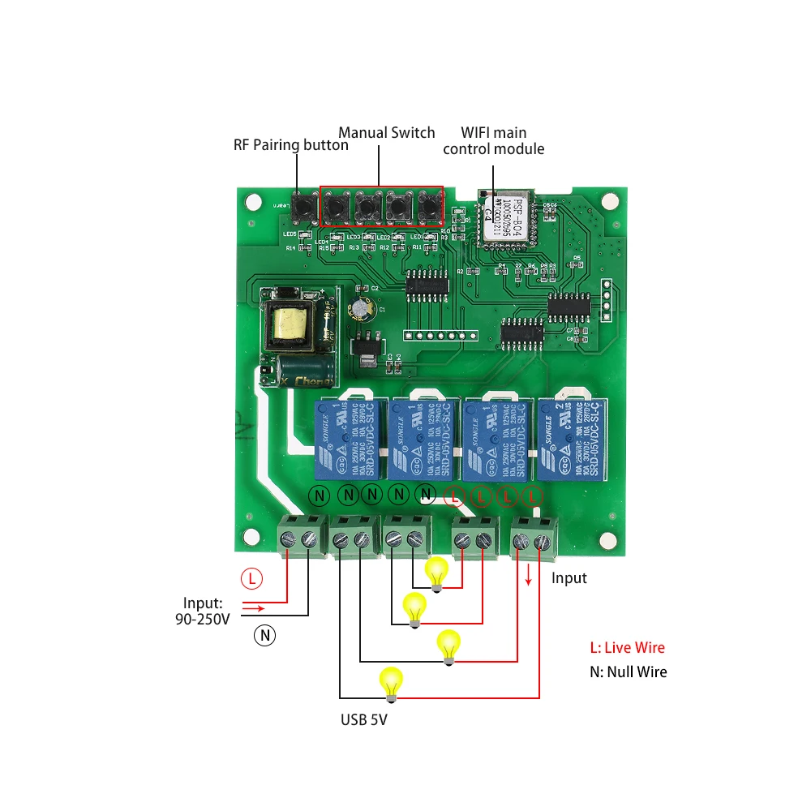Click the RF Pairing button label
(290, 145)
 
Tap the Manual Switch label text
(386, 132)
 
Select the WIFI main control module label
(493, 140)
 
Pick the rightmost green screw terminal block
(534, 539)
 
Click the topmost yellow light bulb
(437, 572)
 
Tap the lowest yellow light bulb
(392, 683)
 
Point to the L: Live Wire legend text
(627, 647)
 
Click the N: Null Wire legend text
(628, 672)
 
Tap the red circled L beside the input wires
(252, 579)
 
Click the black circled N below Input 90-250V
(265, 635)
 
